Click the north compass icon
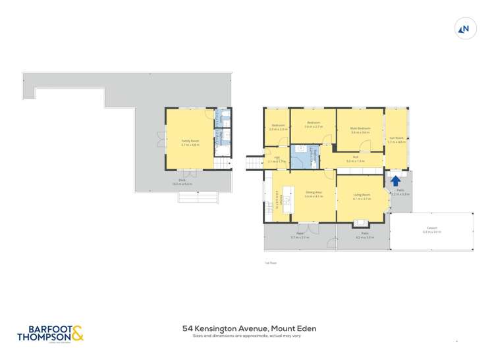click(465, 28)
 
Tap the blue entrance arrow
click(395, 180)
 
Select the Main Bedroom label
click(360, 130)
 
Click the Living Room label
click(362, 196)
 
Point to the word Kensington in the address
click(222, 328)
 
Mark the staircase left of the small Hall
click(255, 162)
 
